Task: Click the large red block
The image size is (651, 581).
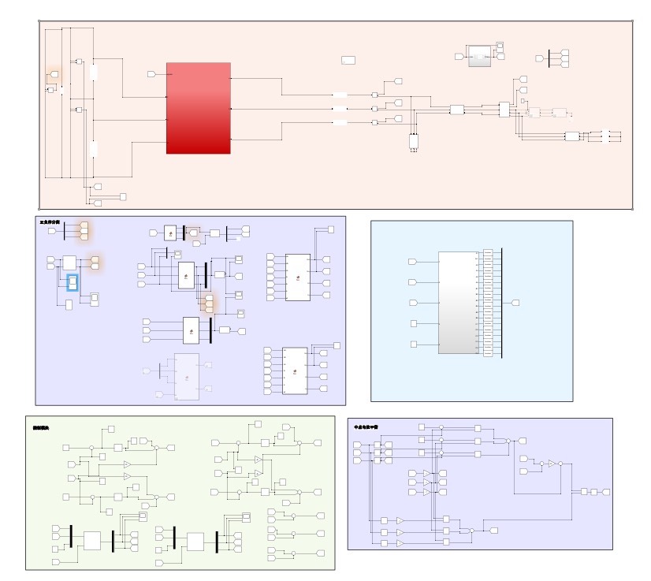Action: point(198,108)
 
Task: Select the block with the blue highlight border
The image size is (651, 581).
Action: point(72,281)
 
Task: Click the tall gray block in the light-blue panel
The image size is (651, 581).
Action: point(458,303)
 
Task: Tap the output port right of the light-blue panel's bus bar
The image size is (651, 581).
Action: point(515,303)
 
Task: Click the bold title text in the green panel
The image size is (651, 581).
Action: point(41,427)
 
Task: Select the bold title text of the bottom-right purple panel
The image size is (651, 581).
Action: point(366,426)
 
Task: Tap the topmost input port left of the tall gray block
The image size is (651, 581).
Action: point(411,262)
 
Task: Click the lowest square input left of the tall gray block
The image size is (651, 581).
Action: point(414,344)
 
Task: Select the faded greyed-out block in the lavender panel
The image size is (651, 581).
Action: point(187,376)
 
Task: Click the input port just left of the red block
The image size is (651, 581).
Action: point(151,74)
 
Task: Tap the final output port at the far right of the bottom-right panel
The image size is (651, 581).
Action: point(607,491)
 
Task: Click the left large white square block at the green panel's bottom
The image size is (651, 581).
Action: point(92,541)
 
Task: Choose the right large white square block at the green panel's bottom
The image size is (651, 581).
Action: point(195,541)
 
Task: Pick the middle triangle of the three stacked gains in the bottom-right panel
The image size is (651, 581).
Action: point(427,482)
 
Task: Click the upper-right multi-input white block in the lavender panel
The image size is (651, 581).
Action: point(297,277)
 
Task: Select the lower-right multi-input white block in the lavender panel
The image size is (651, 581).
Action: point(295,371)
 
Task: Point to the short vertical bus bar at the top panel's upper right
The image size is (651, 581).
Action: point(549,58)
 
